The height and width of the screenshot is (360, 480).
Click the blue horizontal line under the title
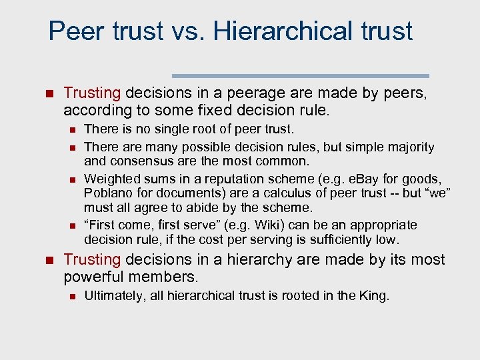(x=301, y=76)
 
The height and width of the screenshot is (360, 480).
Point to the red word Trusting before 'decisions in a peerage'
(x=91, y=93)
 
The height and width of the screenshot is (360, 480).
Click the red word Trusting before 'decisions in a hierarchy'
(x=91, y=260)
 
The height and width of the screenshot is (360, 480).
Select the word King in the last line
(x=374, y=295)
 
